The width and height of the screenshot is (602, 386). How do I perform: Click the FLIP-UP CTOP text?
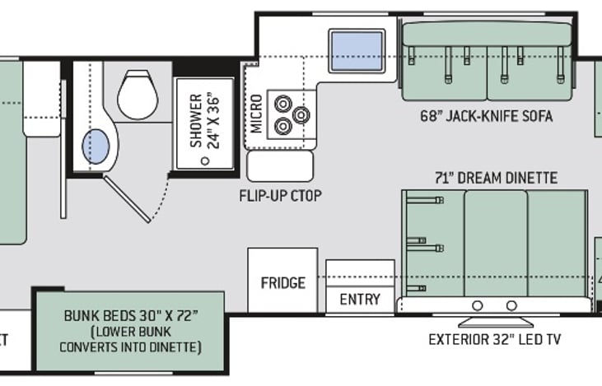[280, 196]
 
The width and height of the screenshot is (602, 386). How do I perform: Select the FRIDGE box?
[282, 282]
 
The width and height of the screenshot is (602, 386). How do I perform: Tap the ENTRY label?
[360, 299]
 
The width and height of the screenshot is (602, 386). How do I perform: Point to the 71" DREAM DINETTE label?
[497, 178]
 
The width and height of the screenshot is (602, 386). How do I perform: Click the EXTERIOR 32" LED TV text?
[495, 339]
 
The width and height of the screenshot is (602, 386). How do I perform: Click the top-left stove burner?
[283, 105]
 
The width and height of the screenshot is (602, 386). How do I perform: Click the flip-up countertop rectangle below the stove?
[280, 165]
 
